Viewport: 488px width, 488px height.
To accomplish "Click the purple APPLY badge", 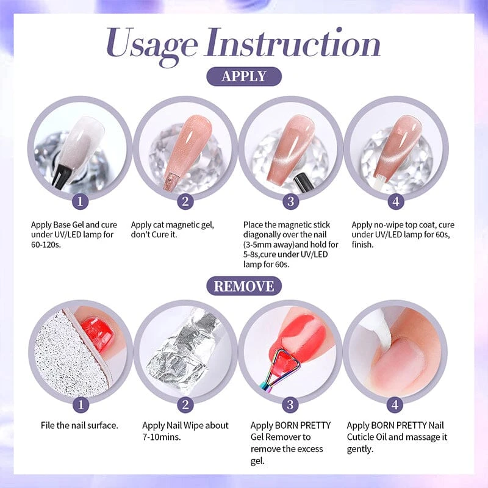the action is pyautogui.click(x=244, y=76).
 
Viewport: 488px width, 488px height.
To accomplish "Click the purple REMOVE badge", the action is pyautogui.click(x=244, y=286).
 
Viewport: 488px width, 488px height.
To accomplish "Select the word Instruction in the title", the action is pyautogui.click(x=293, y=42).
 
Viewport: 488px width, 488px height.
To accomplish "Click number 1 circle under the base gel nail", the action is pyautogui.click(x=80, y=201).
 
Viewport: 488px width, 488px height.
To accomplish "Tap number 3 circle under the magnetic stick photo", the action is pyautogui.click(x=291, y=201).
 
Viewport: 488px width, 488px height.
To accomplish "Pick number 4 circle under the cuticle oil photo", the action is pyautogui.click(x=395, y=404).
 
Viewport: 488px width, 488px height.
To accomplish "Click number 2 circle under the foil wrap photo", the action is pyautogui.click(x=185, y=404).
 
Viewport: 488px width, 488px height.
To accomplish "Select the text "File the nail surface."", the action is pyautogui.click(x=80, y=425).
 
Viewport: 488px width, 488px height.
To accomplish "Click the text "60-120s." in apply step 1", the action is pyautogui.click(x=46, y=245).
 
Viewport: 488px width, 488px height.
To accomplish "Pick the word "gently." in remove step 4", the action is pyautogui.click(x=360, y=450).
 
